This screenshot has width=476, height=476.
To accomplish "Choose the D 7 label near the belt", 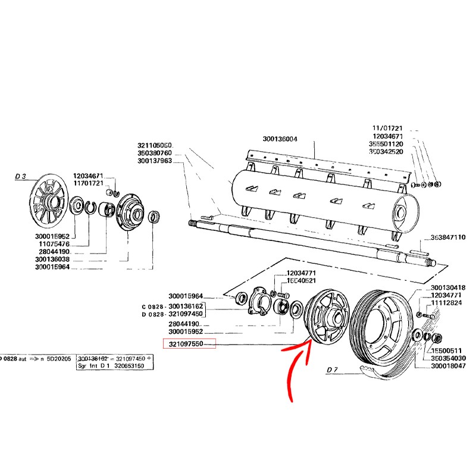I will [332, 370].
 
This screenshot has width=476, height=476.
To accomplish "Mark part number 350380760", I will [154, 153].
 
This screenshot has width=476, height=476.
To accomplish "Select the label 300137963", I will [154, 161].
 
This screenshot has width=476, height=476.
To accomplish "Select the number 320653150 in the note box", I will [129, 367].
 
